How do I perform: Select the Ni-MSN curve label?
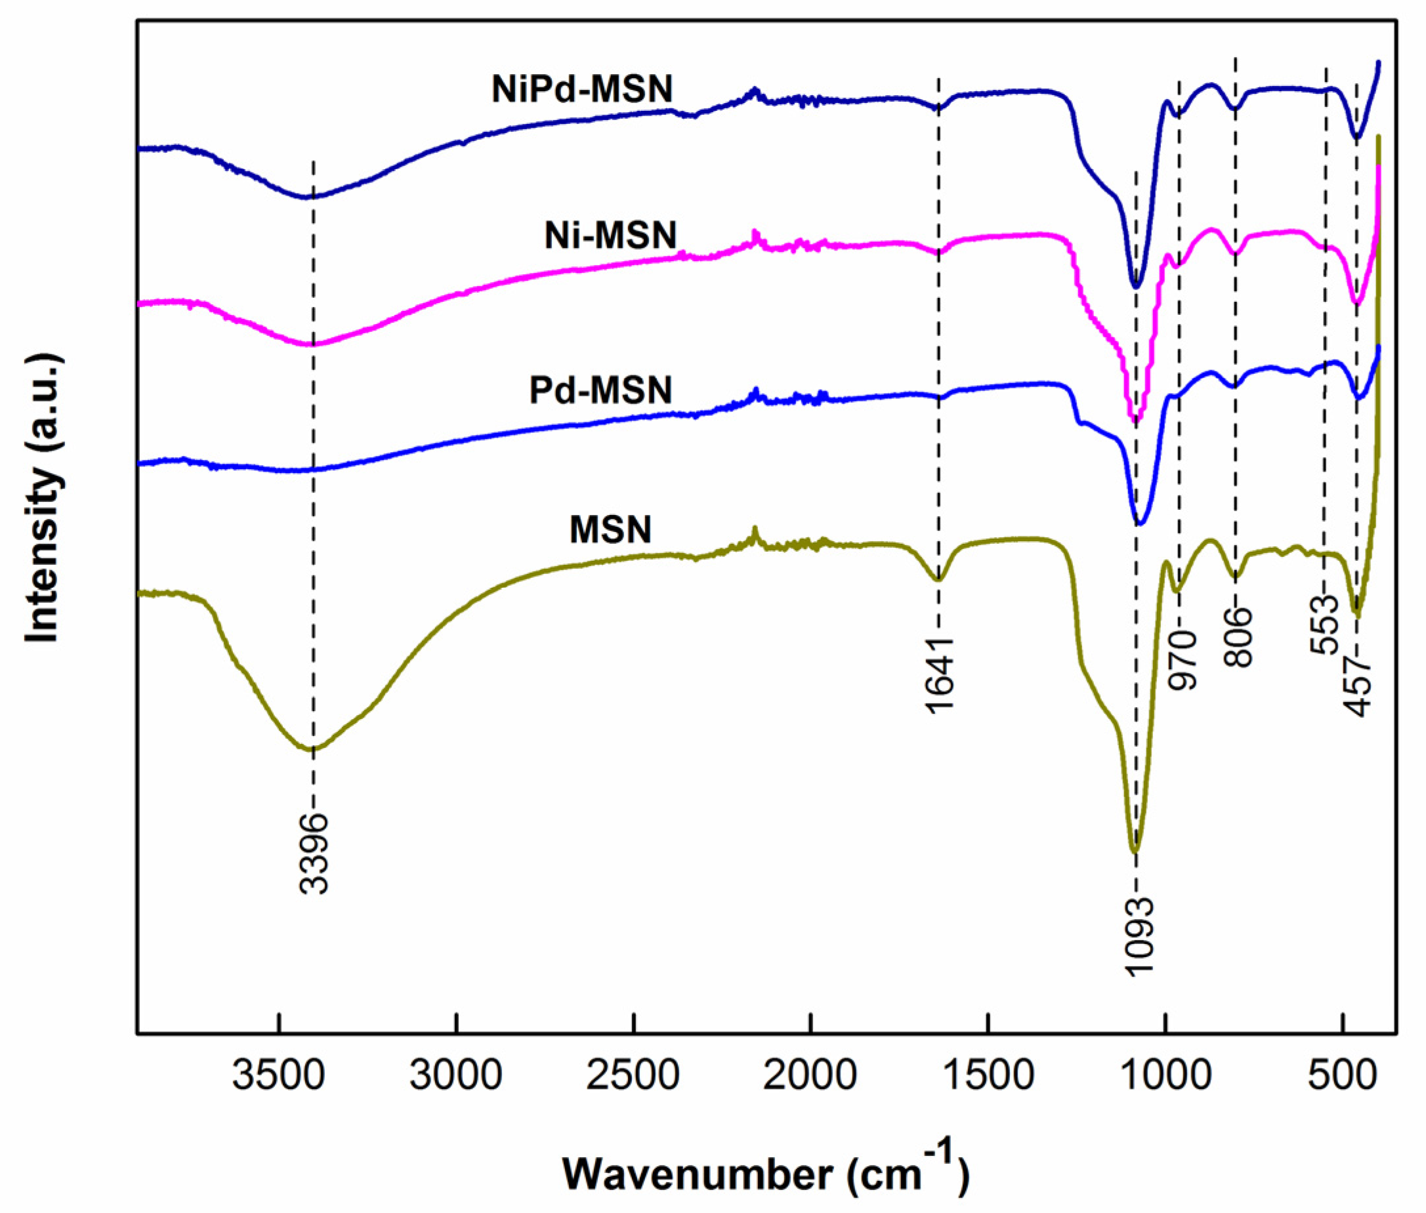(610, 236)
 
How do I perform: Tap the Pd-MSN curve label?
(600, 390)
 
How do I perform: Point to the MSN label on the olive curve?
(610, 529)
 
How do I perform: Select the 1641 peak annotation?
(940, 675)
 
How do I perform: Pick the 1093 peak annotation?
(1139, 937)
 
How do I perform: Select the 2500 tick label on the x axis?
(633, 1077)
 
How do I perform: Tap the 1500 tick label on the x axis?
(987, 1077)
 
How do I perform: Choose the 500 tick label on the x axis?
(1341, 1077)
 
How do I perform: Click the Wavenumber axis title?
(766, 1173)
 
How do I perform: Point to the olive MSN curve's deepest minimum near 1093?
(1136, 851)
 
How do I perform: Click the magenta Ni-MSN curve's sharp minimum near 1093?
(1135, 421)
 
